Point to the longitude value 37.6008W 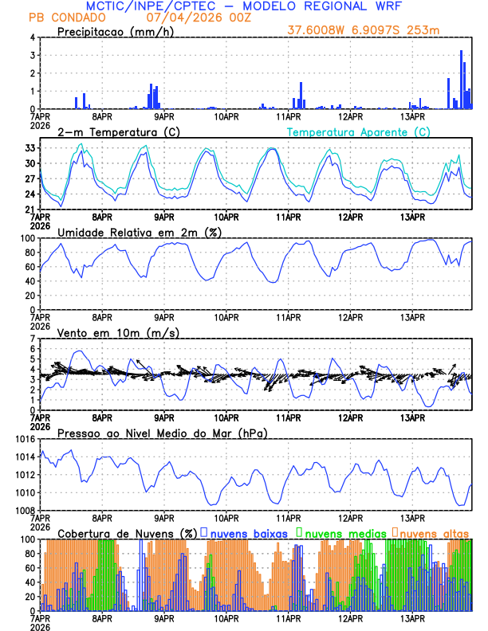[320, 30]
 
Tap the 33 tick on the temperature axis [30, 148]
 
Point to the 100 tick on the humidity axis [26, 238]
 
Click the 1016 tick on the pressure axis [24, 439]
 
